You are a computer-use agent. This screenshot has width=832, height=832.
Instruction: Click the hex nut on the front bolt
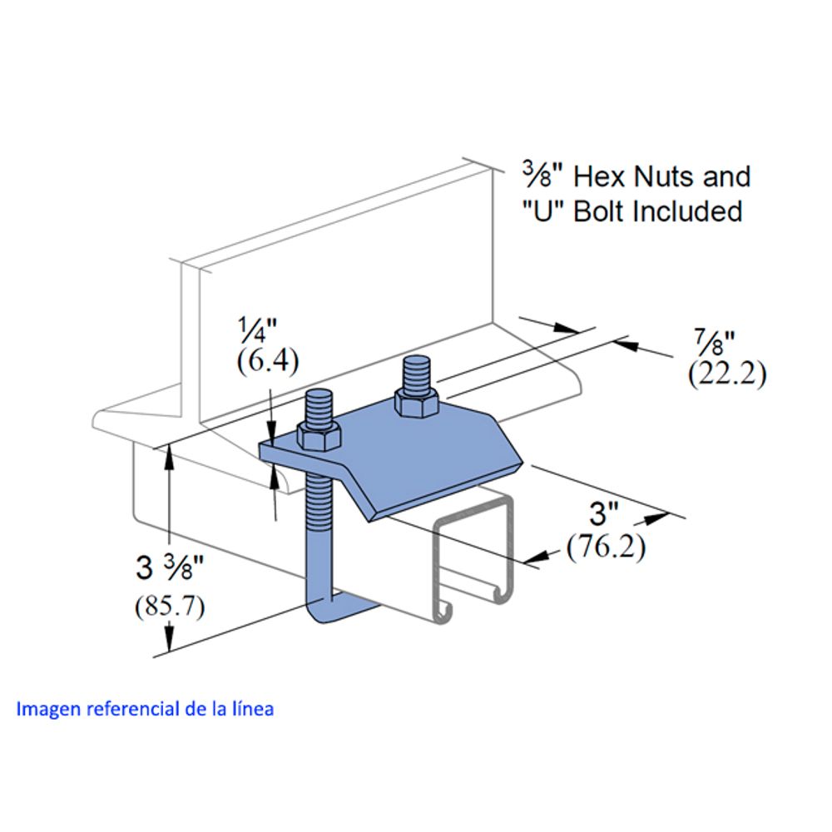(319, 436)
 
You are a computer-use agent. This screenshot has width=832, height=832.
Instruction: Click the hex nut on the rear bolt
(417, 401)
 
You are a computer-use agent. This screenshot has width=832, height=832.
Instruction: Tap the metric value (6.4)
(267, 362)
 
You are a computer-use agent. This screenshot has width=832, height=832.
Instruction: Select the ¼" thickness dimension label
(257, 330)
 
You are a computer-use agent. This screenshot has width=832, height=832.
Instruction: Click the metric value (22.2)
(727, 374)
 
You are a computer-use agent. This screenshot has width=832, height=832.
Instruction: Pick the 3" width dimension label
(604, 513)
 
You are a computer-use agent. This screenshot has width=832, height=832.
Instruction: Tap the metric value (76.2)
(606, 546)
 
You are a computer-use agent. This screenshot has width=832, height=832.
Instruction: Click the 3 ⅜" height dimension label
(171, 567)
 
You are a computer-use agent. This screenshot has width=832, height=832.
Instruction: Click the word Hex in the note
(601, 176)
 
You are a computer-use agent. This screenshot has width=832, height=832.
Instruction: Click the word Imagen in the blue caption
(49, 710)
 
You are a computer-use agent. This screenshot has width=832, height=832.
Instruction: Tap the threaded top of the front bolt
(319, 408)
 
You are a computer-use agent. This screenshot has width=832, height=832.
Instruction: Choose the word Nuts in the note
(665, 176)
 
